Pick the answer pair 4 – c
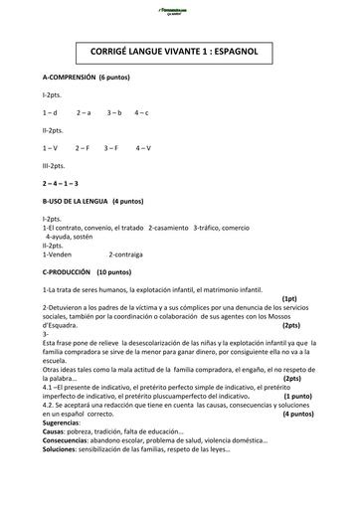point(141,113)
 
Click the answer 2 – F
point(83,148)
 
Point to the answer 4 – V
point(142,148)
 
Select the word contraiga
point(129,253)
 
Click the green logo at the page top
point(181,10)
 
